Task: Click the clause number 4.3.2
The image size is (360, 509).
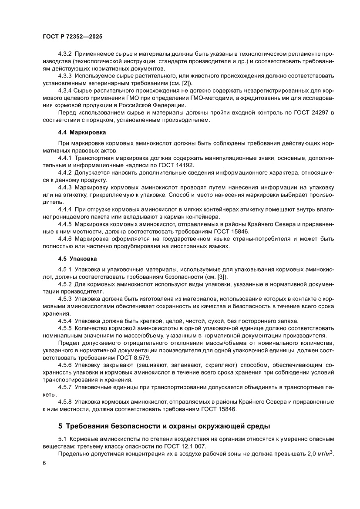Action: (x=65, y=55)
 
